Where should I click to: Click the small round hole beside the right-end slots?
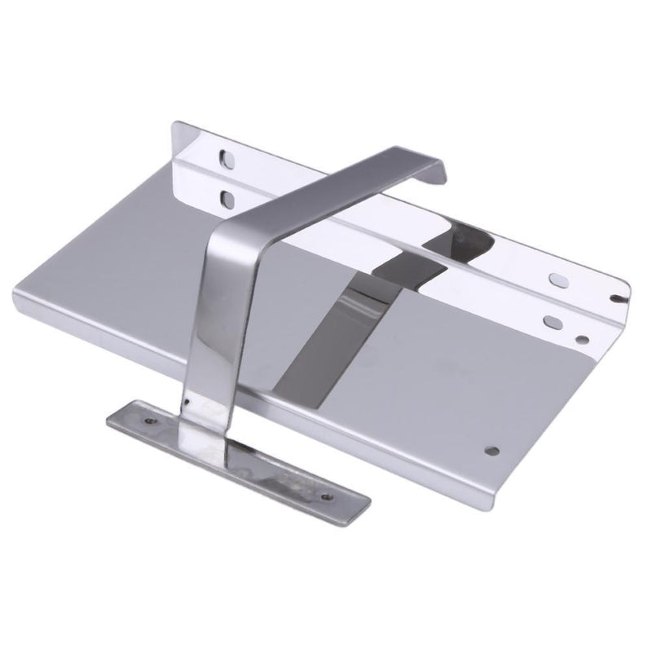(581, 337)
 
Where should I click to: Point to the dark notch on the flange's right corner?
(623, 299)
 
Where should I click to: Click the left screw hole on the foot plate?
(150, 421)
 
